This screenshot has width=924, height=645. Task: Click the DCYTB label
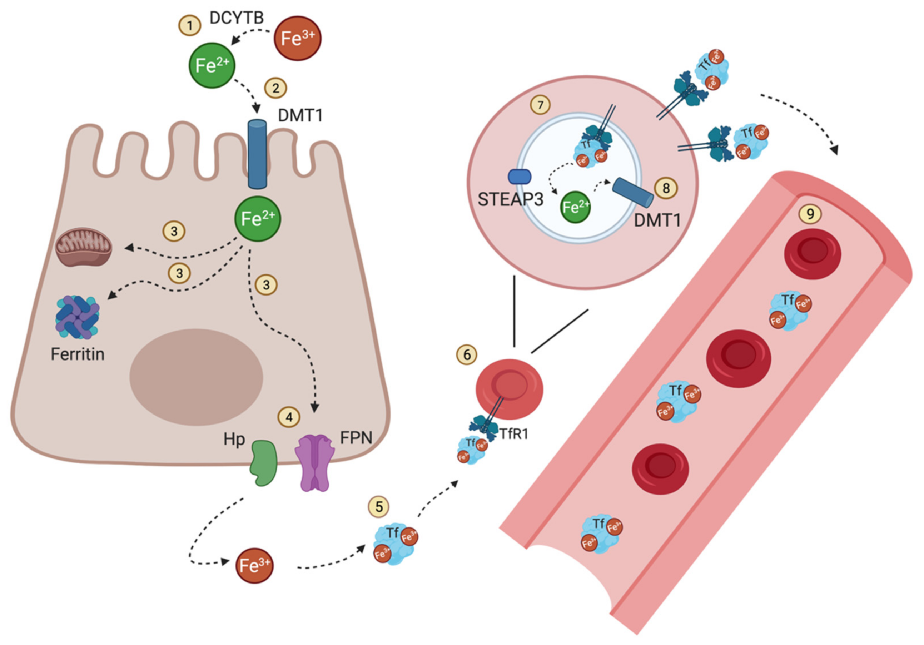tap(237, 18)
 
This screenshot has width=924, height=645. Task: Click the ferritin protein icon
tap(77, 317)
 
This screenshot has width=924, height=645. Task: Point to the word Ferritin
tap(78, 354)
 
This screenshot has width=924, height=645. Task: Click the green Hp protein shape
tap(264, 462)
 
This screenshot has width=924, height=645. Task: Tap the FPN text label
tap(356, 437)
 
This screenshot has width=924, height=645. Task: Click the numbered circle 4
tap(289, 417)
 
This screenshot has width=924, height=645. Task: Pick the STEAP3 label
tap(510, 200)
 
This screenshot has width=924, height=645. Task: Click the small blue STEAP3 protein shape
tap(520, 177)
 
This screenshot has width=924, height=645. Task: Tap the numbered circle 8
tap(666, 188)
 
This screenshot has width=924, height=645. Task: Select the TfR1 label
tap(513, 434)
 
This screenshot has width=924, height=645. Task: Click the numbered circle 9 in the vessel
tap(810, 214)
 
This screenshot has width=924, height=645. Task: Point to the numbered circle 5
tap(379, 507)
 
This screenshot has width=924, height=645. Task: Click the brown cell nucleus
tap(197, 377)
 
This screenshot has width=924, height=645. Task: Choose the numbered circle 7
tap(540, 105)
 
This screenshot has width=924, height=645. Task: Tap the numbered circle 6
tap(466, 354)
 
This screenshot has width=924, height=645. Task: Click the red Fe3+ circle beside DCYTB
tap(297, 39)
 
